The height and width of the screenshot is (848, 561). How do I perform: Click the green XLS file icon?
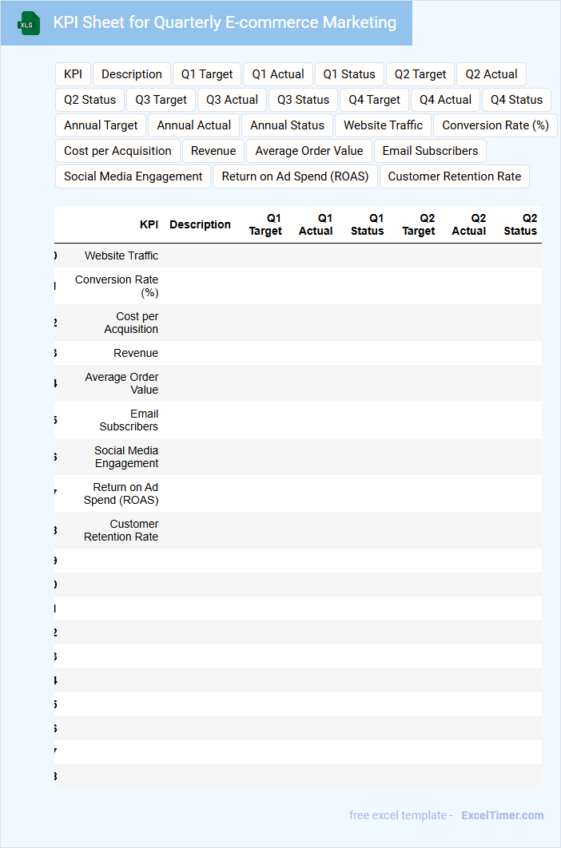(29, 23)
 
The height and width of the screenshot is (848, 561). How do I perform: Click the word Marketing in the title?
(359, 22)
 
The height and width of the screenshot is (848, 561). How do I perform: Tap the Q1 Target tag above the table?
(206, 74)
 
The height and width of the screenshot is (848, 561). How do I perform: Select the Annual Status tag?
(287, 125)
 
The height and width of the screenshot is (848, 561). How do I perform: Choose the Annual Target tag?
(101, 125)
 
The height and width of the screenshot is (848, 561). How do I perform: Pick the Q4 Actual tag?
(445, 100)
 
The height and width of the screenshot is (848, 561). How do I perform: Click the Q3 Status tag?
(303, 100)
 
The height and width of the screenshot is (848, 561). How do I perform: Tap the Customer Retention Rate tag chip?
(454, 176)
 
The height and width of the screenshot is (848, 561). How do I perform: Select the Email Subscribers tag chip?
(430, 151)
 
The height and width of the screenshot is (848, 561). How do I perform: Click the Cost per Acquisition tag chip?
(117, 151)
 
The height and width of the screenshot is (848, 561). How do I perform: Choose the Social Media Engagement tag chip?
(133, 176)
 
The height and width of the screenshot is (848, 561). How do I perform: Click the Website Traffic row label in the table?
(121, 256)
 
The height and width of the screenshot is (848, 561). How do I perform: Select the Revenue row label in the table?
(136, 353)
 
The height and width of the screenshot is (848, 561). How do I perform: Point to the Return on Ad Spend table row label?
(121, 493)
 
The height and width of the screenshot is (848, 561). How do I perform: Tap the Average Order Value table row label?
(121, 383)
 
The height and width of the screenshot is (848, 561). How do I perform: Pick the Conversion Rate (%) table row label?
(117, 286)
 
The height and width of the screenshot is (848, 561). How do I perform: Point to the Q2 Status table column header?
(520, 224)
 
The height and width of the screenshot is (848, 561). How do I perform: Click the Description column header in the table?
(200, 224)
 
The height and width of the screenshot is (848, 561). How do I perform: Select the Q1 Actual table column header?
(316, 224)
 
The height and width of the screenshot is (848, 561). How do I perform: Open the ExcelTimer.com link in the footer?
(502, 815)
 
